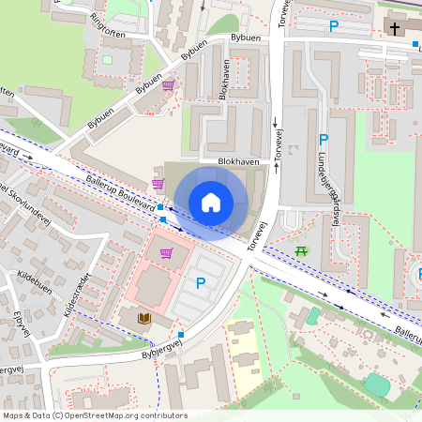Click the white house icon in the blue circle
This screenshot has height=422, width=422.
pyautogui.click(x=211, y=202)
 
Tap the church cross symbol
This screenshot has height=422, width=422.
pyautogui.click(x=392, y=28)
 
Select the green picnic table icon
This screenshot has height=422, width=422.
pyautogui.click(x=301, y=251)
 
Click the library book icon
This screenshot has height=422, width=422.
pyautogui.click(x=144, y=319)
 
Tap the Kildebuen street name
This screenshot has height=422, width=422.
pyautogui.click(x=36, y=280)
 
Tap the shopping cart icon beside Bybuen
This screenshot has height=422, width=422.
pyautogui.click(x=168, y=84)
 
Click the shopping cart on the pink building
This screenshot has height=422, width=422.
pyautogui.click(x=167, y=252)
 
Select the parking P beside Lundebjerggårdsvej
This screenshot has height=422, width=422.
pyautogui.click(x=323, y=139)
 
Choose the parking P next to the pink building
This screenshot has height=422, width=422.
pyautogui.click(x=199, y=282)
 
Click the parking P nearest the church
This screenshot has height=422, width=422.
pyautogui.click(x=333, y=27)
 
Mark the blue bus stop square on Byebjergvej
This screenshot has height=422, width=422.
pyautogui.click(x=181, y=334)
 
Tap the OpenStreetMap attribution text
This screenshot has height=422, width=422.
pyautogui.click(x=95, y=415)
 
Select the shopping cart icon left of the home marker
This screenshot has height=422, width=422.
pyautogui.click(x=157, y=183)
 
